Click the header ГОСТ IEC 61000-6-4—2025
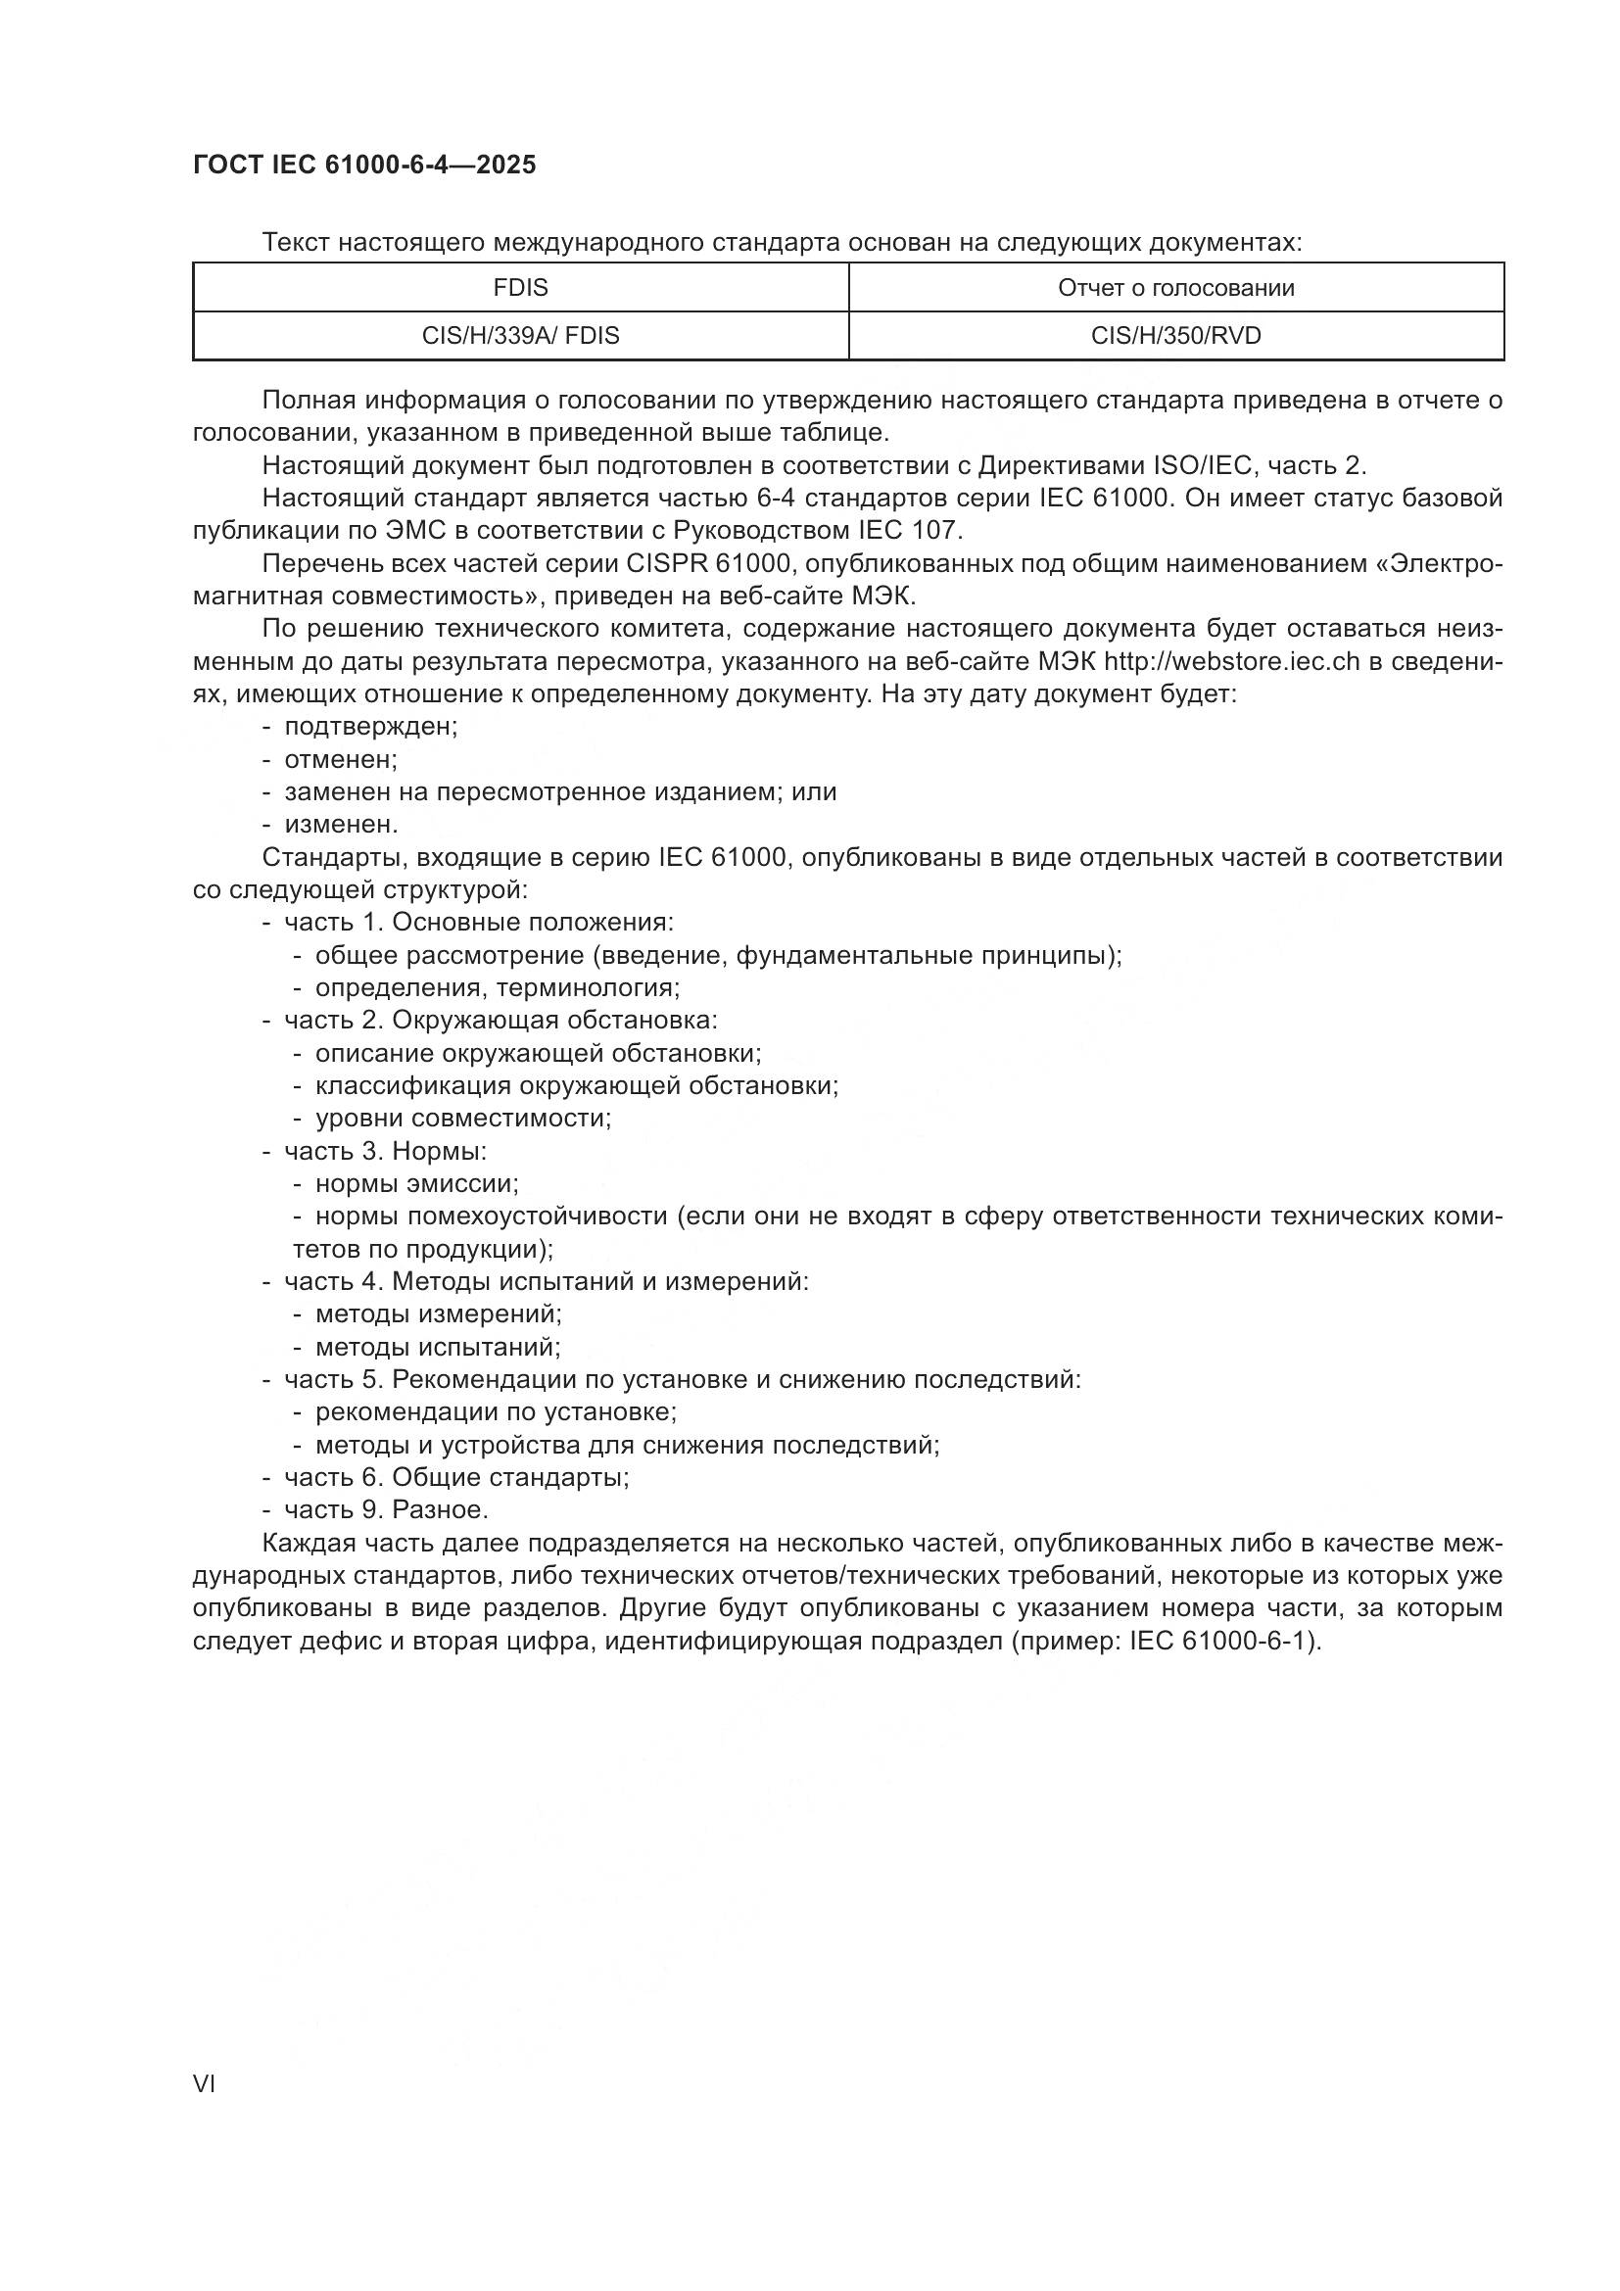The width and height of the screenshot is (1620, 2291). tap(364, 165)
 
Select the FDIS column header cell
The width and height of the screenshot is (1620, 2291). tap(520, 288)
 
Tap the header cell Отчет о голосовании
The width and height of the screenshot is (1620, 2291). tap(1175, 288)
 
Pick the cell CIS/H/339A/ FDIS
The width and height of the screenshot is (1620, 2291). tap(520, 336)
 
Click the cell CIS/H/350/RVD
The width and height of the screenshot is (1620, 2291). tap(1175, 336)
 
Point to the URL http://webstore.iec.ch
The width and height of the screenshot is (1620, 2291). tap(1231, 661)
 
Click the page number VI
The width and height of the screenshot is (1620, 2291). tap(204, 2083)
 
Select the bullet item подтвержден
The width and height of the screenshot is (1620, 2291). tap(370, 727)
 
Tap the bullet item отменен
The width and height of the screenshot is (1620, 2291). tap(340, 759)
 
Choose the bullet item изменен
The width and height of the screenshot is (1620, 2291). tap(341, 824)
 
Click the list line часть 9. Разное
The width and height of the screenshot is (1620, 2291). tap(386, 1508)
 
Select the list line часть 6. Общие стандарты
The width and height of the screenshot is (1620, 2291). tap(455, 1477)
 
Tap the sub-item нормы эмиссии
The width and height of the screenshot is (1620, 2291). tap(416, 1183)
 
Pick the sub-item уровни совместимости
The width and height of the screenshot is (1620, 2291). tap(463, 1118)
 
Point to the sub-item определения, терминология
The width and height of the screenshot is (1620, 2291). tap(497, 988)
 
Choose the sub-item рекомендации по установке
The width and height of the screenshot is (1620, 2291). tap(496, 1412)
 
